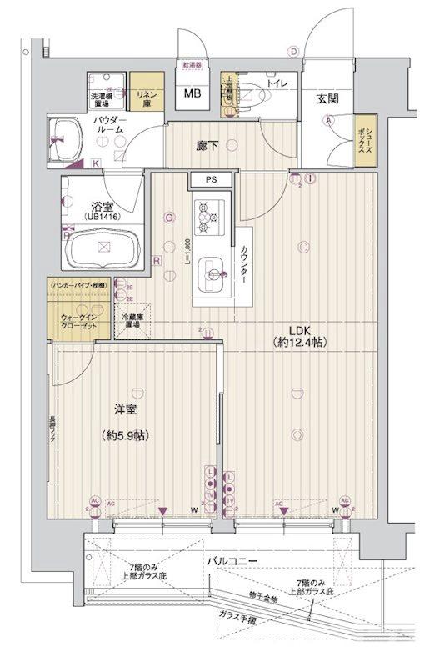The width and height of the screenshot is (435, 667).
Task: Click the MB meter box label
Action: tap(192, 93)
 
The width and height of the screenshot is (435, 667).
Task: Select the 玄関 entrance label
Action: tap(327, 98)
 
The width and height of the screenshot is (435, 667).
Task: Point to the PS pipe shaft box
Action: tap(203, 180)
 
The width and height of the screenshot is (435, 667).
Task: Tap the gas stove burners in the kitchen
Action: tap(206, 218)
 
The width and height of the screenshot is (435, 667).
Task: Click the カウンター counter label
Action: tap(244, 266)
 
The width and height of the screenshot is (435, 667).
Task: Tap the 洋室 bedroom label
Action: tap(126, 409)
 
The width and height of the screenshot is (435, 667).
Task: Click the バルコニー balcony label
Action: tap(232, 560)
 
